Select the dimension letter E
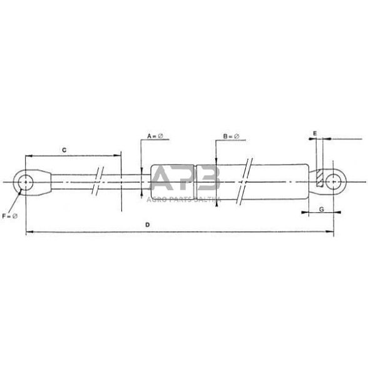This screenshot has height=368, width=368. tap(315, 133)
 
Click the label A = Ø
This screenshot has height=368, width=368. tap(154, 136)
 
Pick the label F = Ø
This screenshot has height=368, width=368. tap(9, 216)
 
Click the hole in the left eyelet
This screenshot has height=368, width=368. tap(26, 182)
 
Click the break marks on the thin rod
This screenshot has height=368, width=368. tap(98, 181)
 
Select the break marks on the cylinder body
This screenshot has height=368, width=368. tap(246, 181)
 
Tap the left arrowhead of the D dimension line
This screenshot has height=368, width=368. tap(28, 233)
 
